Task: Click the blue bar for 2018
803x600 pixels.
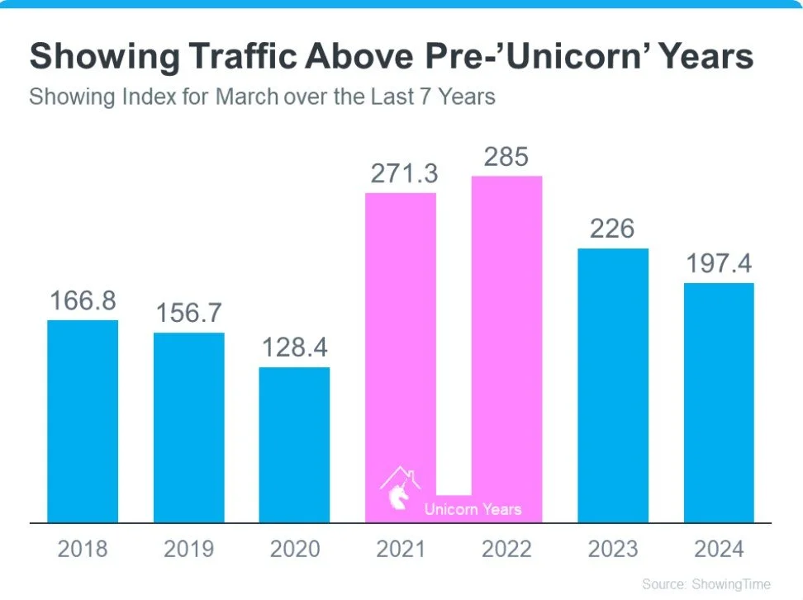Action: click(x=83, y=421)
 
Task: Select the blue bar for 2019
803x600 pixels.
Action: click(x=188, y=428)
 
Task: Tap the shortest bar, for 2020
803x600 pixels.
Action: click(x=294, y=445)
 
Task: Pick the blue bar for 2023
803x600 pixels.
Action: click(x=613, y=385)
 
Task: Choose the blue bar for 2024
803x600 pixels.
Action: click(x=719, y=403)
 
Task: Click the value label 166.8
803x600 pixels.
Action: click(x=83, y=301)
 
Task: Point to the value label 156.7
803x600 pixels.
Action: click(x=188, y=314)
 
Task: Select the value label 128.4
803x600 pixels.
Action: click(x=294, y=348)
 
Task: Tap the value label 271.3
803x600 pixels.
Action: click(x=401, y=174)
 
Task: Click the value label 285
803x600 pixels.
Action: click(x=506, y=157)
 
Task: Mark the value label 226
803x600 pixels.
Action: click(x=612, y=229)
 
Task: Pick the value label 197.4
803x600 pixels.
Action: click(x=719, y=264)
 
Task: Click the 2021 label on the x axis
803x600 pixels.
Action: click(x=401, y=549)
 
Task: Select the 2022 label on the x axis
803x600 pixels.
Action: click(x=506, y=549)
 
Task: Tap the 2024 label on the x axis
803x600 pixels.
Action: click(x=719, y=549)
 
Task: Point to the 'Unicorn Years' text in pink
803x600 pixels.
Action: click(x=473, y=509)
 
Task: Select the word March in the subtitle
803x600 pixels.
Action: click(x=247, y=97)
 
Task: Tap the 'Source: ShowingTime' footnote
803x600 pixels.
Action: click(x=706, y=584)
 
